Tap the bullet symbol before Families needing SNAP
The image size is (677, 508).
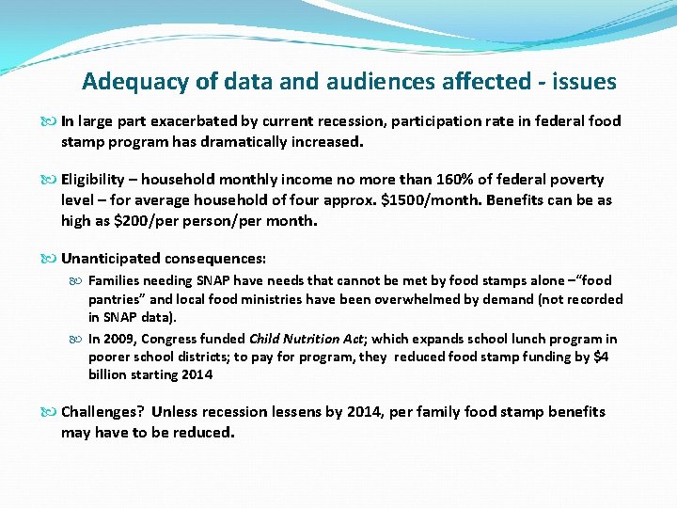pyautogui.click(x=79, y=281)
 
